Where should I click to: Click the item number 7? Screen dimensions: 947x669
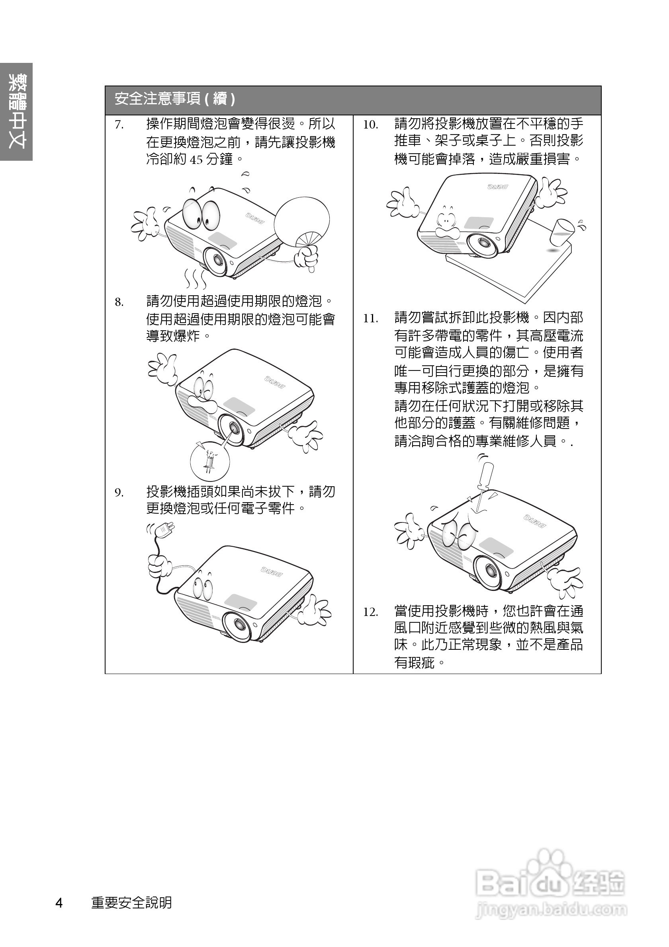tap(119, 125)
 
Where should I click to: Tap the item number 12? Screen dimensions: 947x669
tap(370, 612)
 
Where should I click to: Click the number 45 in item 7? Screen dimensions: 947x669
tap(196, 160)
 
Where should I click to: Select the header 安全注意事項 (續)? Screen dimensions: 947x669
tap(174, 99)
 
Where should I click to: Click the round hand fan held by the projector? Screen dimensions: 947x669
tap(302, 221)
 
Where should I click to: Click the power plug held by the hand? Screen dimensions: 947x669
tap(166, 530)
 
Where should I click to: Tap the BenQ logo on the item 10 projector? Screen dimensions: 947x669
tap(497, 186)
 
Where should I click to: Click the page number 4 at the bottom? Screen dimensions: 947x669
tap(59, 903)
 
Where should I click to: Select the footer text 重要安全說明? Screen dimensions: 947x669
tap(131, 903)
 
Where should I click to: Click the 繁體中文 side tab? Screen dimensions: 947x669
tap(16, 112)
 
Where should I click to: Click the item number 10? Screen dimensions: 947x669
tap(370, 125)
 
